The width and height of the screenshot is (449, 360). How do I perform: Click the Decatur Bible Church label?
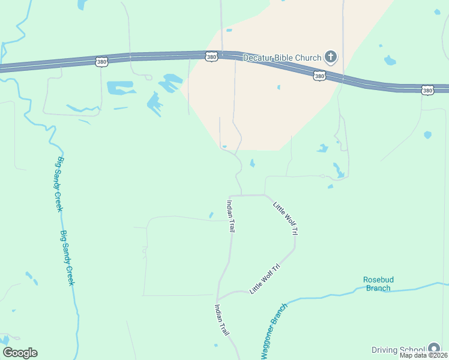pos(282,58)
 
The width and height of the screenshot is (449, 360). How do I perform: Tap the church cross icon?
pos(330,58)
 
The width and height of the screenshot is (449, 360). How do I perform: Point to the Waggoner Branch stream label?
pos(274,331)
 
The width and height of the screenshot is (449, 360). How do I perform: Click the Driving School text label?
pos(398,350)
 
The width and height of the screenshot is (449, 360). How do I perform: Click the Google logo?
pos(20,353)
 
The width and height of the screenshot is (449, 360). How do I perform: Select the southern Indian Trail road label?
pos(221,320)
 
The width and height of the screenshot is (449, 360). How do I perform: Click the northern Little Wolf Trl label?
pos(286,218)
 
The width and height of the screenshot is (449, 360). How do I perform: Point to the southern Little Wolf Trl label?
pos(265,278)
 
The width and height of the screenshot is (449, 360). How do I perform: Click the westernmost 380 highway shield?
pos(101,61)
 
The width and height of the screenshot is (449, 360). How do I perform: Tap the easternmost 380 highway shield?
pos(427,91)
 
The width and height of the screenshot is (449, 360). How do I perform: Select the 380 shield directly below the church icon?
pos(319,76)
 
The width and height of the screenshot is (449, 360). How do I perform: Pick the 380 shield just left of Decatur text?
pos(211,57)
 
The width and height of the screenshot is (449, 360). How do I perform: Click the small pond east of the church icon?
pos(390,60)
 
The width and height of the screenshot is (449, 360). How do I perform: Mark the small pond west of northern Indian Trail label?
pos(211,215)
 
